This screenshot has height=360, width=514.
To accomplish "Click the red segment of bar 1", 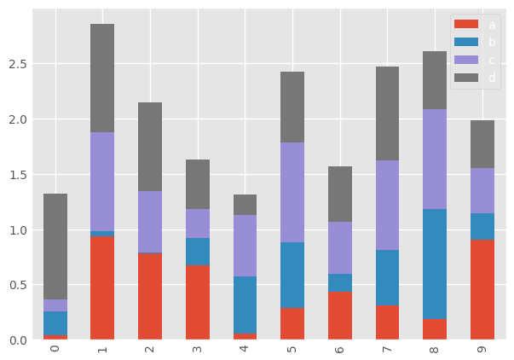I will [x=102, y=288].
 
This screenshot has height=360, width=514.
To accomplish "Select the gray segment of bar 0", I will [x=55, y=247].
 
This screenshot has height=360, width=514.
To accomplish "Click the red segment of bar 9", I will [x=482, y=290].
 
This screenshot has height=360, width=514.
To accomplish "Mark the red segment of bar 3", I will [x=198, y=303].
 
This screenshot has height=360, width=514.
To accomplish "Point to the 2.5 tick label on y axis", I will [x=16, y=64].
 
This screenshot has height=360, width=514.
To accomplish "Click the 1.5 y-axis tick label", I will [x=16, y=175].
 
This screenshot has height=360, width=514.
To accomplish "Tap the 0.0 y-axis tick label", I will [x=16, y=340].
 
